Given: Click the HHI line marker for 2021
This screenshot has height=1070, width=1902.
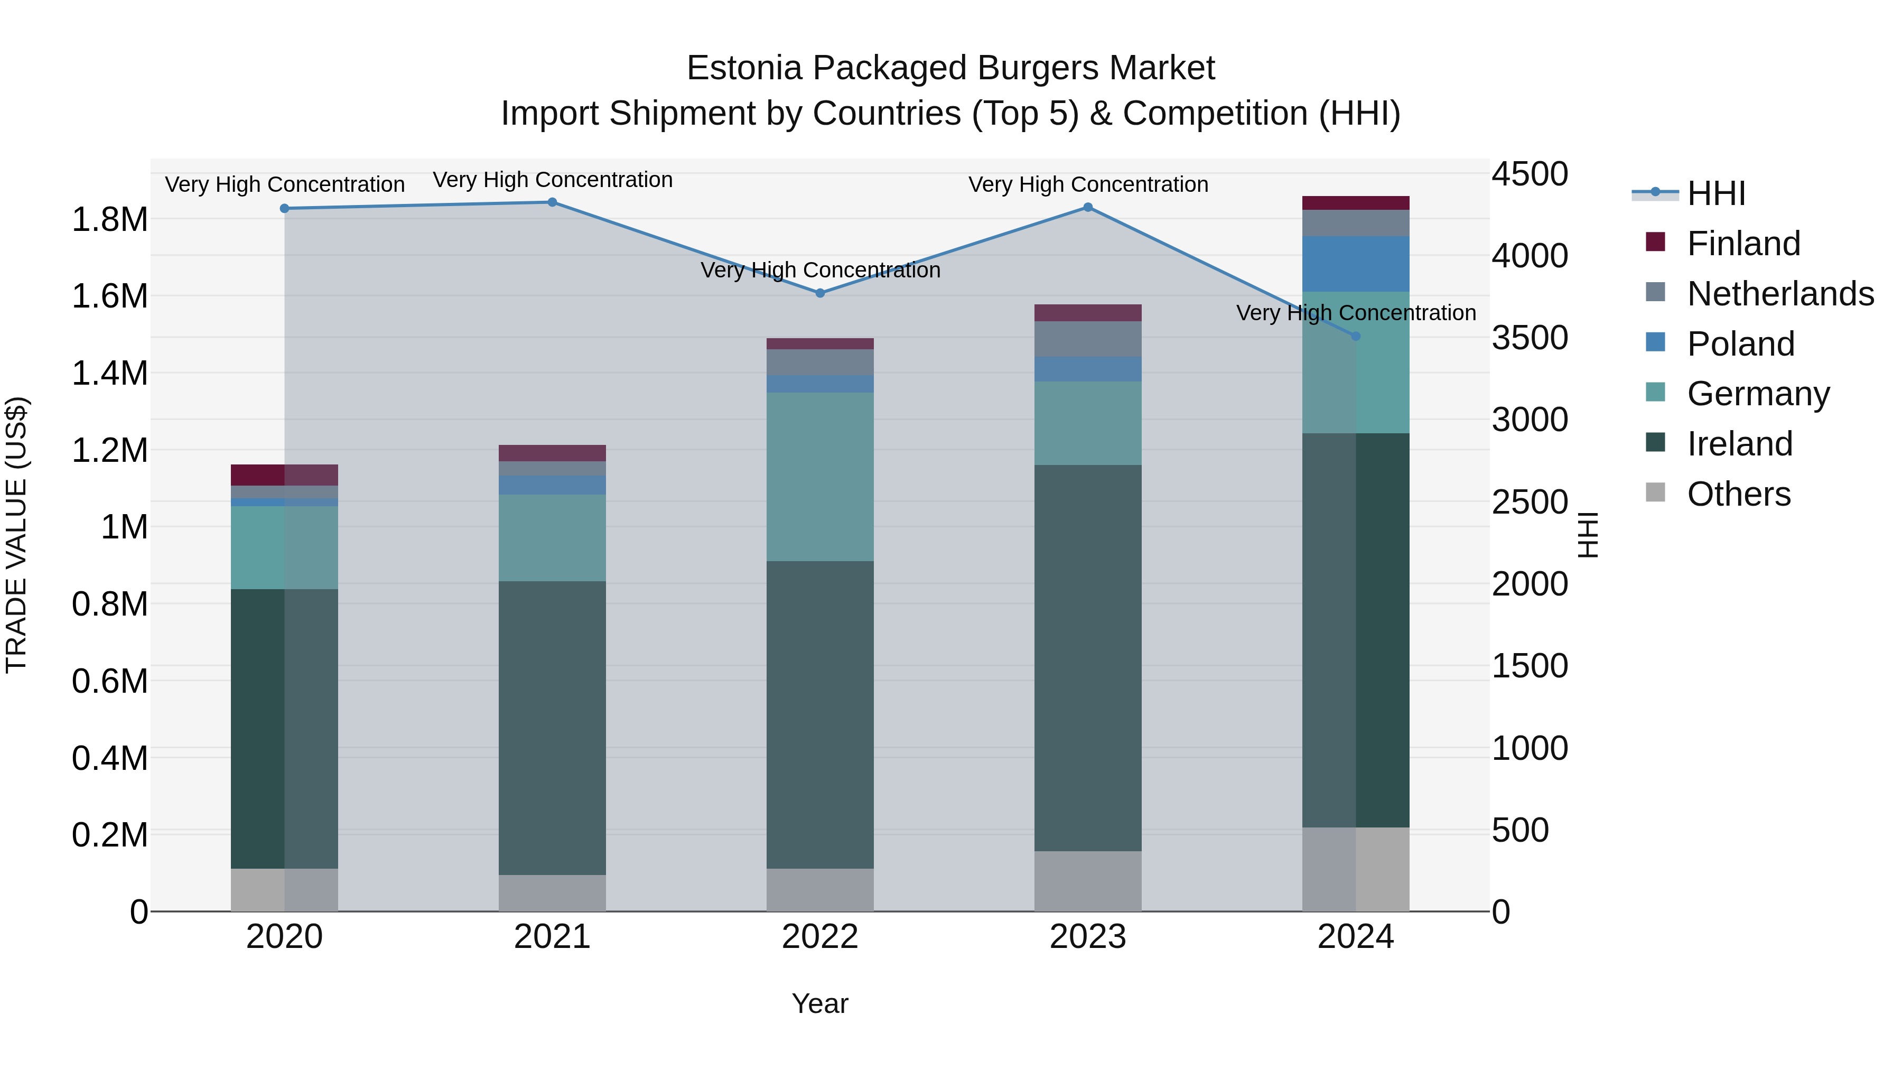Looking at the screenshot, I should tap(552, 202).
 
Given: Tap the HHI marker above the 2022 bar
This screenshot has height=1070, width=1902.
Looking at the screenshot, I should tap(819, 293).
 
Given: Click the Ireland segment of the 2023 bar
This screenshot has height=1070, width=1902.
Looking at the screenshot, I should tap(1088, 657).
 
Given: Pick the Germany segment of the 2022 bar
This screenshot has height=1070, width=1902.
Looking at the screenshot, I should tap(819, 476).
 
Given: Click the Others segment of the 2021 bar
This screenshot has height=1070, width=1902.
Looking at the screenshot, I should tap(552, 893).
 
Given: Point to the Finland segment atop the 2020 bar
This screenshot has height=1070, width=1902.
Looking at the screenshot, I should tap(284, 475).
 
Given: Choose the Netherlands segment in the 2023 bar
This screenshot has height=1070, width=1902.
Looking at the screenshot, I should tap(1088, 339).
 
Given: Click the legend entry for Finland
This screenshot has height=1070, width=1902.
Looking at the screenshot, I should tap(1742, 244).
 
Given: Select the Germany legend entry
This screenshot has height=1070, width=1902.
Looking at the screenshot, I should tap(1757, 394).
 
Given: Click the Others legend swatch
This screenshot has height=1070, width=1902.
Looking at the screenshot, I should tap(1655, 492).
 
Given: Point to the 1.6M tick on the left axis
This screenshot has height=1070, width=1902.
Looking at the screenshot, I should tap(109, 296).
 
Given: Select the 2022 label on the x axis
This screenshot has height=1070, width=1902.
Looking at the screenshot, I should tap(819, 937).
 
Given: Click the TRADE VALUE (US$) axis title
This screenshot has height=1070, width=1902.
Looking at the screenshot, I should tap(16, 535).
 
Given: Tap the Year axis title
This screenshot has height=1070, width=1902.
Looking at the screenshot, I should tap(819, 1003).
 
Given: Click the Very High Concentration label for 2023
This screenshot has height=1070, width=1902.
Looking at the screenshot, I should tap(1088, 184).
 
